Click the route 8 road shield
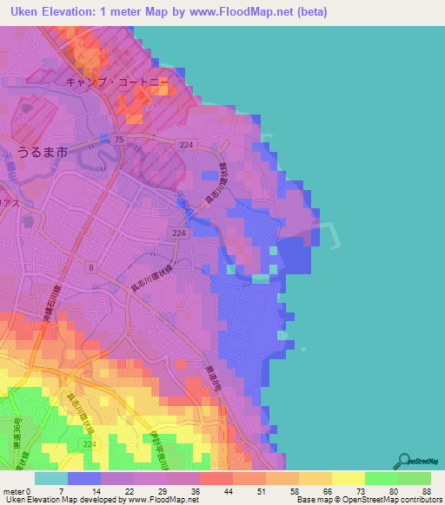[90, 268]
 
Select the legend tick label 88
[425, 491]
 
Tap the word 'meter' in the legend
[13, 491]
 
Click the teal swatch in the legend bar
[50, 478]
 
